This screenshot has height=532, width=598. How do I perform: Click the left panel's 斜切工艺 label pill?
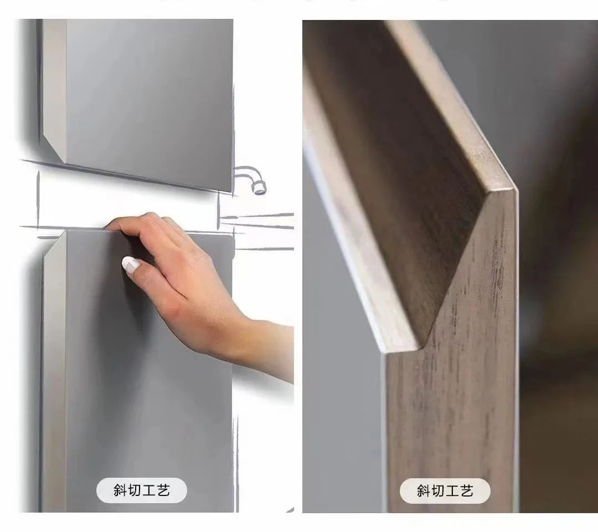142,490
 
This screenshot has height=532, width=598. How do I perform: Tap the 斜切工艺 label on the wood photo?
445,491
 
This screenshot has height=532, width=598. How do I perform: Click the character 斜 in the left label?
120,490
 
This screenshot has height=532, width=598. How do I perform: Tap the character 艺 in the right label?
467,491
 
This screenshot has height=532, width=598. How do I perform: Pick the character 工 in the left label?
149,490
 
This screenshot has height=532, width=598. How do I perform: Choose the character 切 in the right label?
437,491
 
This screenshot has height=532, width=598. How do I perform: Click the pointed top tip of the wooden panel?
513,189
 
